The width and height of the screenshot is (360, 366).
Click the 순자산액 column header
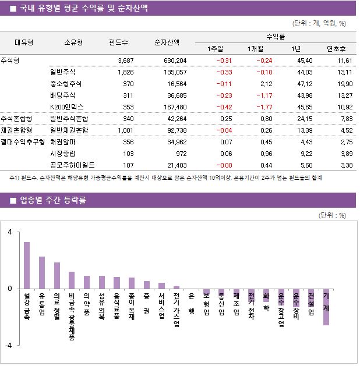pos(167,42)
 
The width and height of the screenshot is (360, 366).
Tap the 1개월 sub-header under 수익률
pos(256,48)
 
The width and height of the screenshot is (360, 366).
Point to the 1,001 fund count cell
pos(125,130)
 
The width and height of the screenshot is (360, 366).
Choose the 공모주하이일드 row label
pos(72,165)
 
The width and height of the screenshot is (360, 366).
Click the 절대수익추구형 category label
pos(23,141)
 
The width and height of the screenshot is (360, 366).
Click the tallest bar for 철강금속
pos(27,265)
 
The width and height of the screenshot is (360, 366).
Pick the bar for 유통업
pos(42,272)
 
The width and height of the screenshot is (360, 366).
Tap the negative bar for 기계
pos(326,307)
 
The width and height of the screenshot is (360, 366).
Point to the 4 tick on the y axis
pos(10,232)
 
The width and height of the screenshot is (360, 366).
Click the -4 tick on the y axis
pos(9,345)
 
